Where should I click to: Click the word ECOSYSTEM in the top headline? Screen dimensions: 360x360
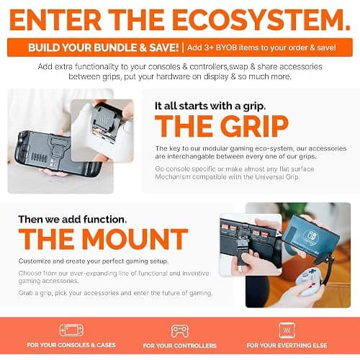[x=261, y=19]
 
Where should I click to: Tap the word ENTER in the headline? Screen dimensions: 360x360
[x=55, y=19]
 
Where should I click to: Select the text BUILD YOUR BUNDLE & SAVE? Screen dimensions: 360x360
[x=104, y=48]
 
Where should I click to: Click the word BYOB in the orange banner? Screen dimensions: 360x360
[x=227, y=48]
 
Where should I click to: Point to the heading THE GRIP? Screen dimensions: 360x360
[x=221, y=126]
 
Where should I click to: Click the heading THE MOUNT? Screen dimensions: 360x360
[x=103, y=239]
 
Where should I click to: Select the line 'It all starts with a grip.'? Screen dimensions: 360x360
[x=210, y=106]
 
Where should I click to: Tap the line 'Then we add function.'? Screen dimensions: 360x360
[x=73, y=219]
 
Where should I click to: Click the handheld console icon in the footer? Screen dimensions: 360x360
[x=71, y=330]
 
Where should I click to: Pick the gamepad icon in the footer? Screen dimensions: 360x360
[x=180, y=331]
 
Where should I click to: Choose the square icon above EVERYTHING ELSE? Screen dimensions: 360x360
[x=287, y=330]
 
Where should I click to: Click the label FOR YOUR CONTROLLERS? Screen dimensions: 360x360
[x=180, y=346]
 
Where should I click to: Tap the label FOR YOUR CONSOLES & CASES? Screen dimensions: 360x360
[x=71, y=345]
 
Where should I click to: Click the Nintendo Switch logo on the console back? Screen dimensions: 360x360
[x=309, y=237]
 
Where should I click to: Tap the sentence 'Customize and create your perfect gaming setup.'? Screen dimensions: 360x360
[x=94, y=261]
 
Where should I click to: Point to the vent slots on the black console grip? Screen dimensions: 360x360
[x=40, y=158]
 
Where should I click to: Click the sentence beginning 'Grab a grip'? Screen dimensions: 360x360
[x=115, y=293]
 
